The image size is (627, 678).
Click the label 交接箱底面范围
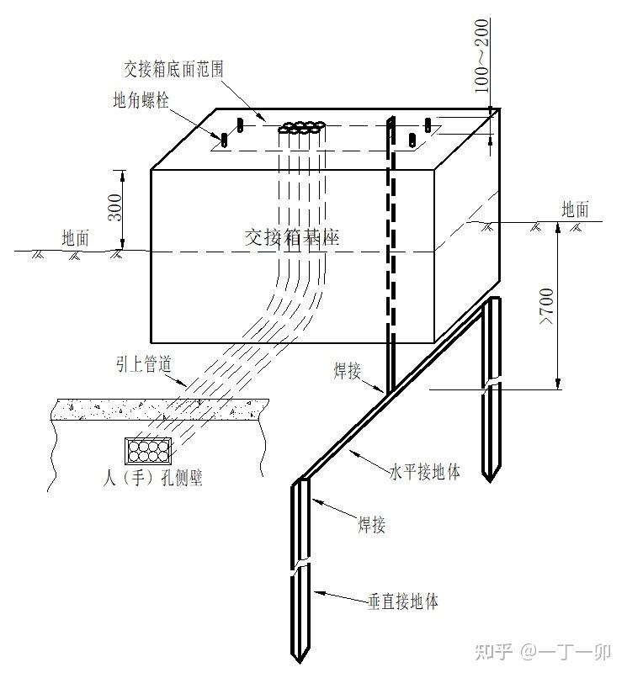173,69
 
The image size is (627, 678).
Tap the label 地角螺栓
141,100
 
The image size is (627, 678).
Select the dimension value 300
115,208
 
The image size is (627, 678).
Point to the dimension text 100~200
481,56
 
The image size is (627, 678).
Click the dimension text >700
547,306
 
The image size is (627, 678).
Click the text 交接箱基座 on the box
292,237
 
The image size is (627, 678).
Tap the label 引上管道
144,364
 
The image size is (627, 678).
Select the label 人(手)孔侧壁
153,478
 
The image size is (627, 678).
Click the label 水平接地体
424,471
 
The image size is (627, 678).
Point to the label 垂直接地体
403,601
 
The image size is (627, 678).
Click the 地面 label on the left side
75,238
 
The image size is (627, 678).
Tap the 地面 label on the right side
575,209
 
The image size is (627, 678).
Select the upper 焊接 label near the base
347,371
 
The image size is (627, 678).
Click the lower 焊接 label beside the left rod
372,525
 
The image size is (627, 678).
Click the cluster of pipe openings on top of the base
302,127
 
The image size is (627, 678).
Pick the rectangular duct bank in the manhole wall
148,451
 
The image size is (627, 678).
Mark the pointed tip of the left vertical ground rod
300,662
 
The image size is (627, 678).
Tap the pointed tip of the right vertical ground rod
490,481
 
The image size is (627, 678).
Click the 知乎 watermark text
494,652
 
